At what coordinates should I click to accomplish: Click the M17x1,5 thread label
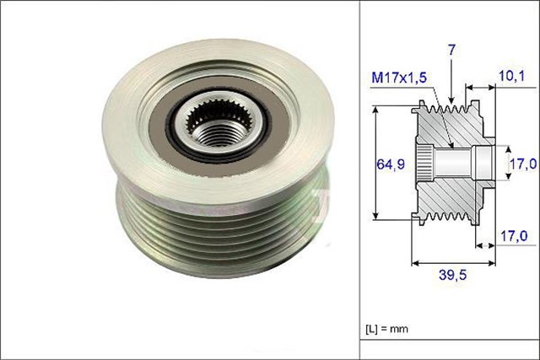[x=400, y=80]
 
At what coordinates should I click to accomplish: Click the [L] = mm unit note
[x=387, y=328]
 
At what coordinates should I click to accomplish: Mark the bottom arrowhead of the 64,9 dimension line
[x=375, y=217]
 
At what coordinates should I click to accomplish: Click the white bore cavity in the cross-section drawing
[x=481, y=162]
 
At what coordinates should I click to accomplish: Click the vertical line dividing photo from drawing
[x=360, y=180]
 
